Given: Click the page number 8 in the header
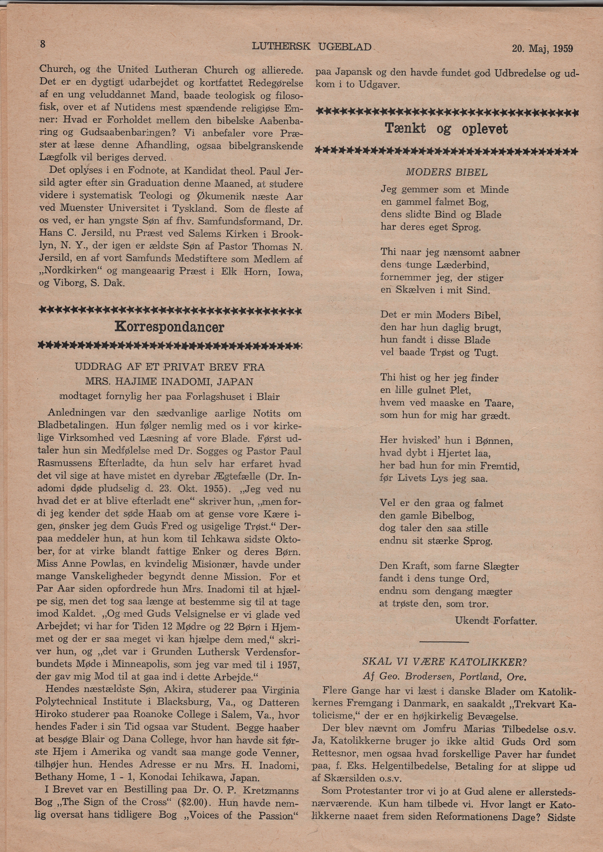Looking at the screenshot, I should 43,44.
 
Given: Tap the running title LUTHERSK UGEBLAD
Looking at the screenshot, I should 312,47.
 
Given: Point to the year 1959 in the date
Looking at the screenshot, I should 563,49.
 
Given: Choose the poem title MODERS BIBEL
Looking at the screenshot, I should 446,172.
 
